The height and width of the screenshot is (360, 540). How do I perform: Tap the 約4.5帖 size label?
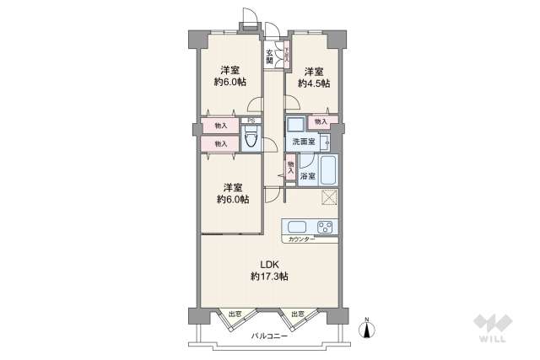314,83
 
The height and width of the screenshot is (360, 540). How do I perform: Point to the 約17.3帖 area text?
269,276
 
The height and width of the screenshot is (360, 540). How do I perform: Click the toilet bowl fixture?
251,140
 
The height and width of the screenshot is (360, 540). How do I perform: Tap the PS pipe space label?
251,121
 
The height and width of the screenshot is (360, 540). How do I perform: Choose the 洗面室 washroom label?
305,142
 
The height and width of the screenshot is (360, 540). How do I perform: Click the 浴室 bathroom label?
307,176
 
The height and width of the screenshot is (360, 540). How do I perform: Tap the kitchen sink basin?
298,226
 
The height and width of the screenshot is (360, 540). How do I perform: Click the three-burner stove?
325,226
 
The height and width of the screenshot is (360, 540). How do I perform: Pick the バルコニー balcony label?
270,336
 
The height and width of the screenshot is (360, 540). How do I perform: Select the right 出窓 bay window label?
299,314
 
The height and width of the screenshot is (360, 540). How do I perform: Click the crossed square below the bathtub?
330,198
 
